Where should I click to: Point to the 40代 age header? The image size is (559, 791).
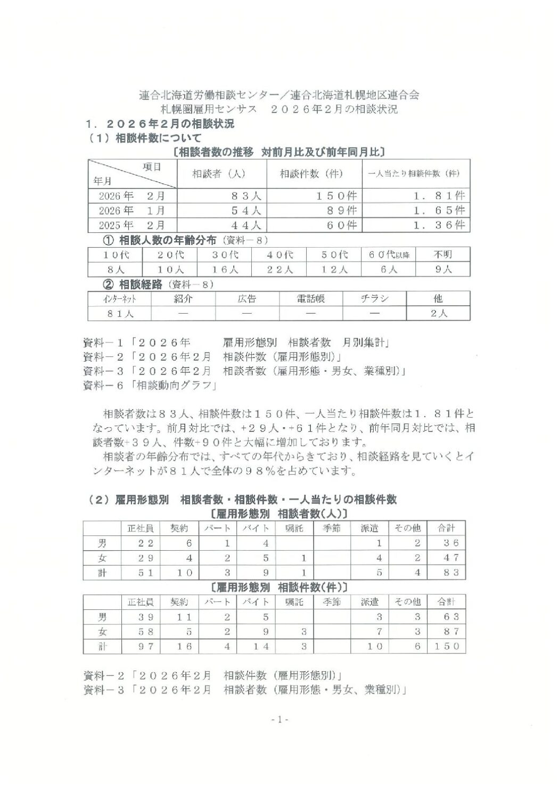[279, 255]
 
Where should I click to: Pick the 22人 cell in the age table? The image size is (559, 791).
[279, 270]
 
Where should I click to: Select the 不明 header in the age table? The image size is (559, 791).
[443, 255]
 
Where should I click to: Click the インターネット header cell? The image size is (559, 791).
[120, 299]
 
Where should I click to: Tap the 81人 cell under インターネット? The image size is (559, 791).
[120, 313]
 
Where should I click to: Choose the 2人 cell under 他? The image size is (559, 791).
[439, 313]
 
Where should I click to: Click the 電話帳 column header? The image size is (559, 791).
[311, 299]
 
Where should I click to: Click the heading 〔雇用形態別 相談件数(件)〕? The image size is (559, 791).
[279, 588]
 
